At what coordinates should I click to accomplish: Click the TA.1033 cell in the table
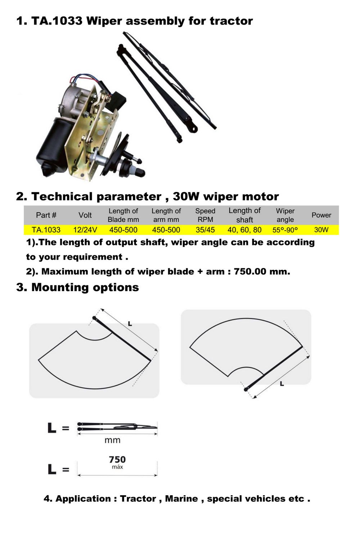click(46, 230)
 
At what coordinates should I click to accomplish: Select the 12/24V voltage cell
click(85, 230)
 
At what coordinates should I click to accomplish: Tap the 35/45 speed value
click(205, 230)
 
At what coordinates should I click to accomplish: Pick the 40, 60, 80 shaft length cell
click(244, 230)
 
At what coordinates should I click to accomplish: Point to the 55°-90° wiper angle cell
click(285, 230)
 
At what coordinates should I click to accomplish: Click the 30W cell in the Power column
click(321, 230)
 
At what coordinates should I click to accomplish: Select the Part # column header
click(46, 215)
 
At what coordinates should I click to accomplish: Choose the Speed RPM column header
click(205, 215)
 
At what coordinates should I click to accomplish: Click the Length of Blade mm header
click(123, 215)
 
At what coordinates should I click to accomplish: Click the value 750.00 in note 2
click(250, 272)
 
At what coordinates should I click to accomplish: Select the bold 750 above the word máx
click(117, 460)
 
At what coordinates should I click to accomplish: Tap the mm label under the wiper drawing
click(112, 440)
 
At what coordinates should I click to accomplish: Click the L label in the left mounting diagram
click(130, 324)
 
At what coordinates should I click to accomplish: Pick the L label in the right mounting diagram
click(282, 384)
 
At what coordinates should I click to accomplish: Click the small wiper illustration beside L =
click(117, 427)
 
